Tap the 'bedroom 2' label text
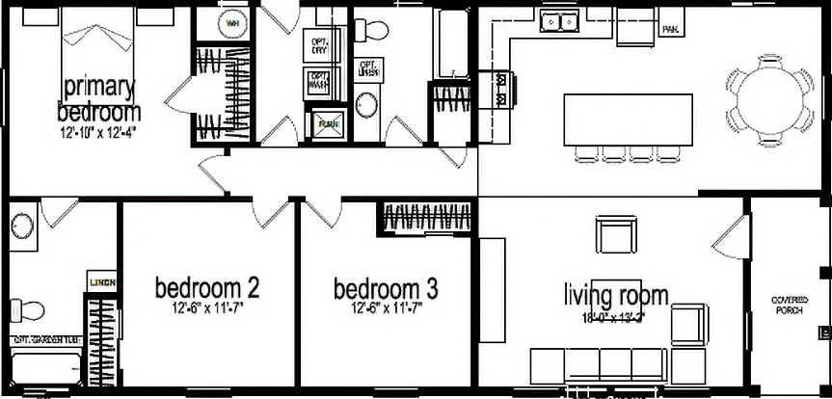[x=207, y=287]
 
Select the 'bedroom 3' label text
[x=387, y=287]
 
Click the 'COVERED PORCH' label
[x=790, y=306]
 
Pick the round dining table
[x=770, y=94]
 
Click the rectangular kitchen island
[x=629, y=119]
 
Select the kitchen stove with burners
[x=501, y=88]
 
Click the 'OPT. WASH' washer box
[x=317, y=83]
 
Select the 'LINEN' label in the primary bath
[x=102, y=282]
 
